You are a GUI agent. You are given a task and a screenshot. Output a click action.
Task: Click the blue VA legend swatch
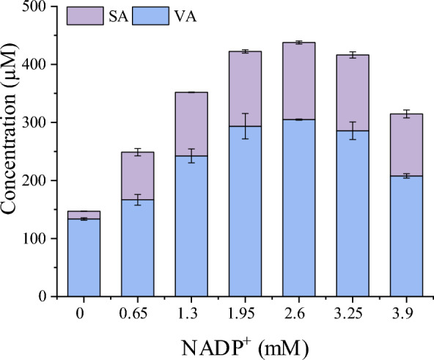tap(142, 15)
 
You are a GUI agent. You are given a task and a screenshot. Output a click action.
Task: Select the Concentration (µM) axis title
tap(12, 152)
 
